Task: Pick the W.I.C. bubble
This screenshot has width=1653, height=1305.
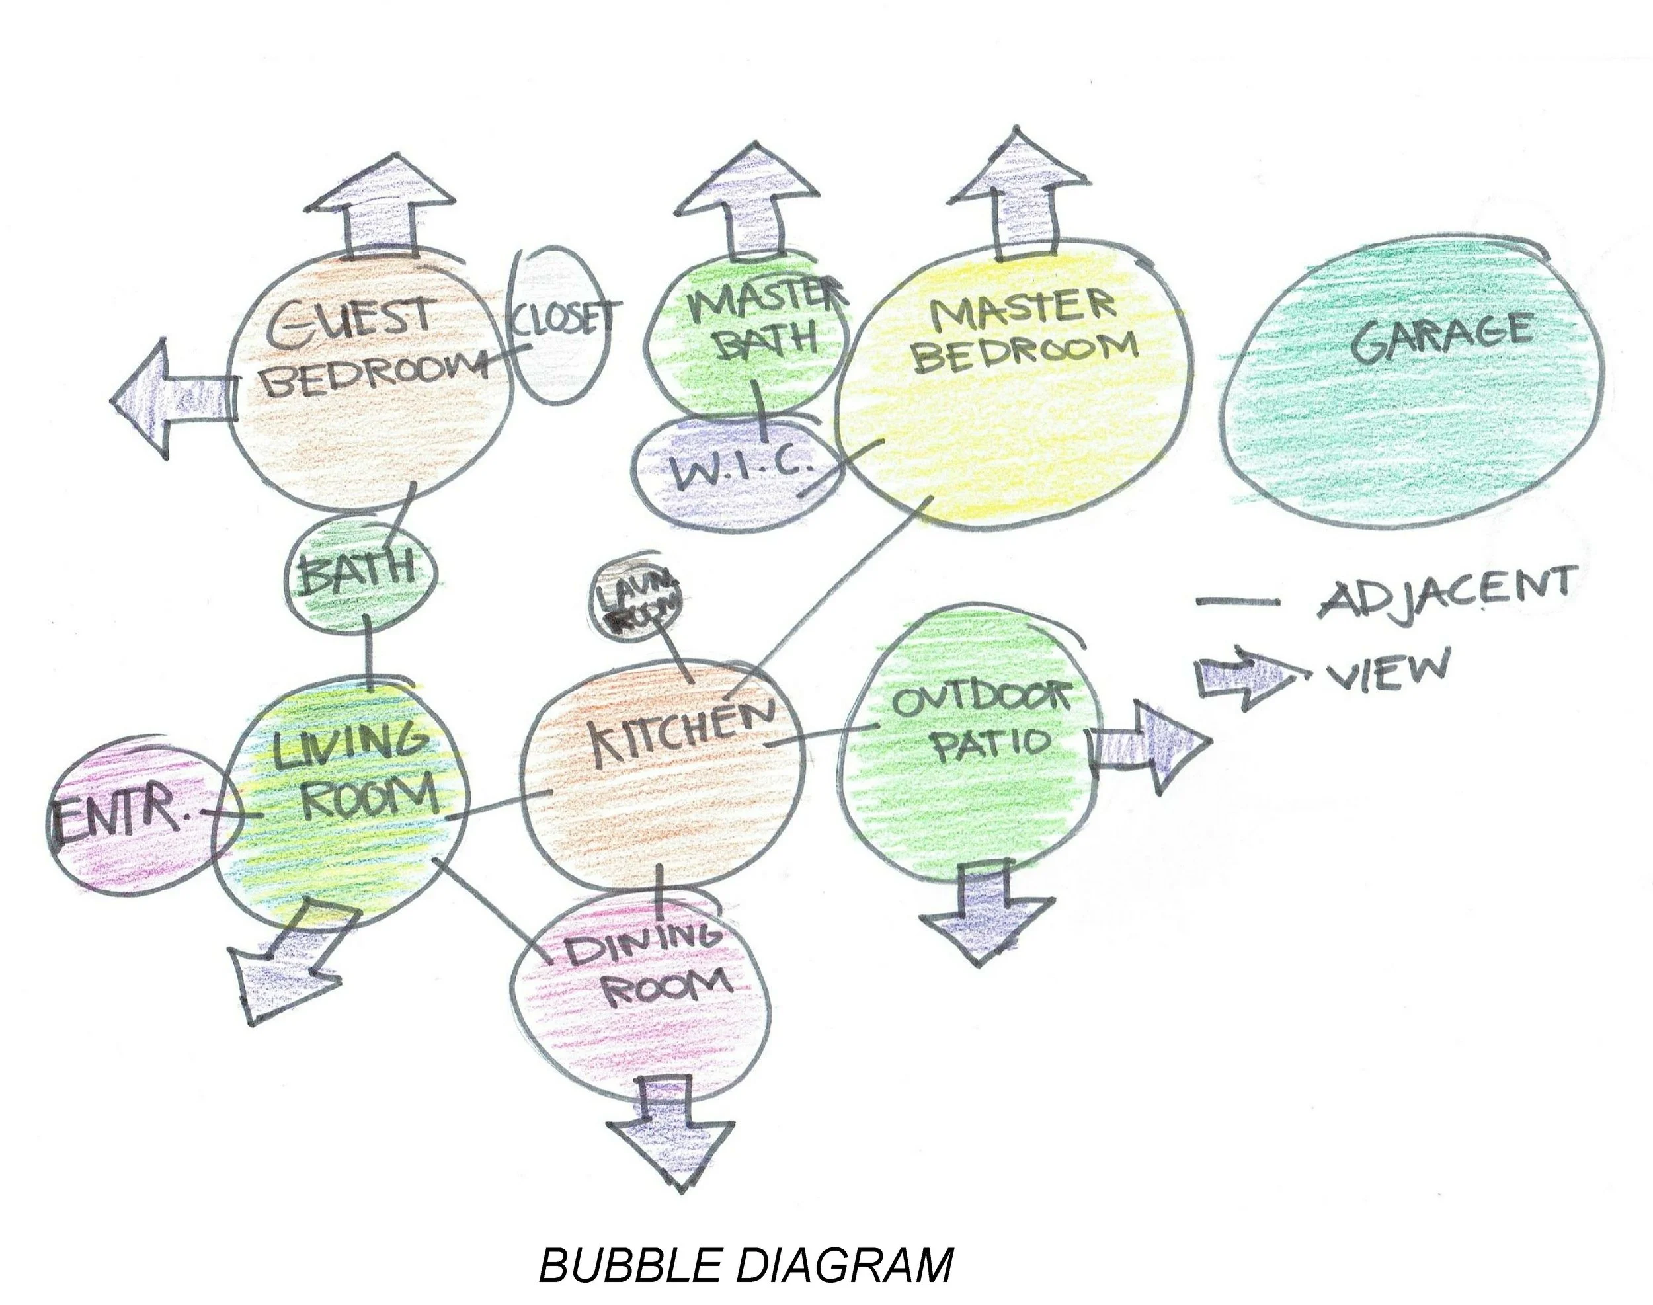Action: [734, 467]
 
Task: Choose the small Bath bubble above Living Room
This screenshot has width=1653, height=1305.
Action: [359, 573]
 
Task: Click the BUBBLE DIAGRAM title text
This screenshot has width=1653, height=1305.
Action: [746, 1265]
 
